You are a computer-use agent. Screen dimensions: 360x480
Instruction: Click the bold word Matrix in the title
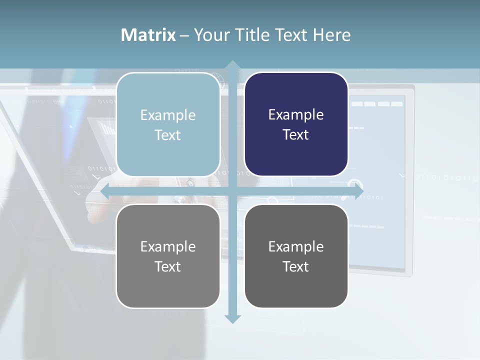pos(148,35)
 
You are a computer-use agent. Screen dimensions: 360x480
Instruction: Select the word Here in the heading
pos(332,35)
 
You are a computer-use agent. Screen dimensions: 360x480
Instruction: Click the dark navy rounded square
pos(296,124)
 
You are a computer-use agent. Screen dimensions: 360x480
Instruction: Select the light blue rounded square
pos(168,124)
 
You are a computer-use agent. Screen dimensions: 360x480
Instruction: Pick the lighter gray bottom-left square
pos(168,256)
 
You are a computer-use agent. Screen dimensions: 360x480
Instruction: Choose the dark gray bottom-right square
pos(296,256)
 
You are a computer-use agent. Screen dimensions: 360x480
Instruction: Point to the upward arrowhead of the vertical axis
pos(232,65)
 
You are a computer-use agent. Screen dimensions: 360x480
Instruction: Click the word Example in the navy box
pos(296,114)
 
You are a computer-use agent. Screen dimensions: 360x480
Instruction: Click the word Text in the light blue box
pos(168,135)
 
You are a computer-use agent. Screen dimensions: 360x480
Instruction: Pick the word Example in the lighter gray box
pos(168,246)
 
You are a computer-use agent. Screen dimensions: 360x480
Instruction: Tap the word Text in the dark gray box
pos(296,266)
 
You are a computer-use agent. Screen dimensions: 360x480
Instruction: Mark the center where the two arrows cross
pos(232,191)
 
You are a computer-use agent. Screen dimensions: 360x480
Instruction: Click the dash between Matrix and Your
pos(184,35)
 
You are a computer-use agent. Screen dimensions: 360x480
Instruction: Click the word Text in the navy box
pos(296,134)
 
